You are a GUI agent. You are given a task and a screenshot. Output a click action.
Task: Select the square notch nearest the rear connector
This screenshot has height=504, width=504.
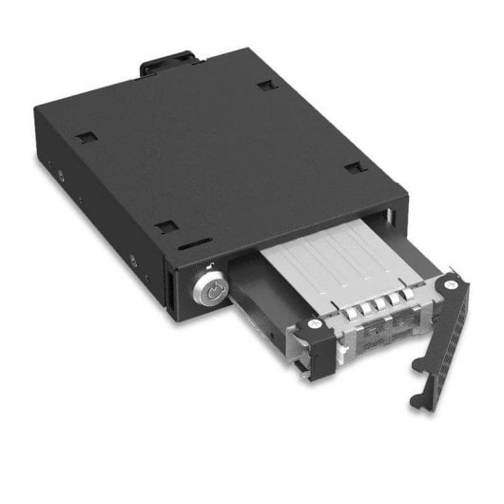[x=265, y=86]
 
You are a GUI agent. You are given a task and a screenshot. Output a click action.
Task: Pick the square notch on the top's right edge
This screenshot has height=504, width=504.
[x=356, y=167]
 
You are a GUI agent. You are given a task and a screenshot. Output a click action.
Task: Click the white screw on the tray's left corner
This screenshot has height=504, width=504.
[x=315, y=324]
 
